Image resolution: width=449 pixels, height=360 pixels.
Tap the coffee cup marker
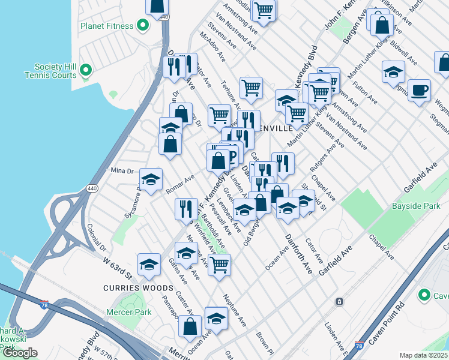[419, 89]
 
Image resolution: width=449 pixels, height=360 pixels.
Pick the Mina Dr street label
[122, 171]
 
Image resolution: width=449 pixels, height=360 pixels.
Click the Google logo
[20, 353]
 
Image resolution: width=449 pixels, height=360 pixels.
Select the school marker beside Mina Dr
[151, 179]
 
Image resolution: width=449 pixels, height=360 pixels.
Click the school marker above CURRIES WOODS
[149, 263]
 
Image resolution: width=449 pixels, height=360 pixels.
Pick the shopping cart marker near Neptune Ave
[220, 263]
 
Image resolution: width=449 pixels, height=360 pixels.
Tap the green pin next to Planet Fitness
[143, 25]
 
